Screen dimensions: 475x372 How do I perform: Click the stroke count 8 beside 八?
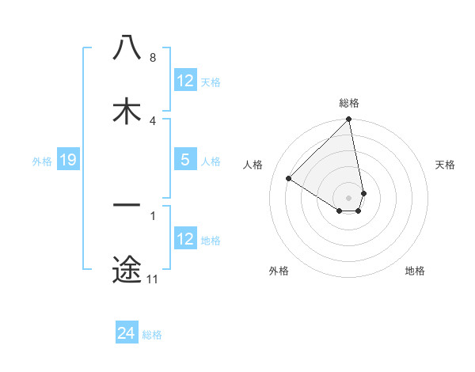pyautogui.click(x=152, y=58)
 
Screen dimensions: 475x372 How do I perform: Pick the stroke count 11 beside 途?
pyautogui.click(x=152, y=279)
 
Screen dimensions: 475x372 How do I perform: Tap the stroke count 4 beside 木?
pyautogui.click(x=152, y=121)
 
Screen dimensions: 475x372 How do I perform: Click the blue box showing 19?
pyautogui.click(x=67, y=161)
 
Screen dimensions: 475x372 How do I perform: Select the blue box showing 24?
pyautogui.click(x=127, y=334)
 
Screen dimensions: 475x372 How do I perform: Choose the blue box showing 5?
pyautogui.click(x=185, y=160)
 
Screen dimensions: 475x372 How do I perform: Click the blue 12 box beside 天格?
pyautogui.click(x=185, y=81)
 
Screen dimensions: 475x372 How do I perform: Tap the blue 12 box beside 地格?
pyautogui.click(x=185, y=239)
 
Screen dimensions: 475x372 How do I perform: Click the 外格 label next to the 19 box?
pyautogui.click(x=42, y=161)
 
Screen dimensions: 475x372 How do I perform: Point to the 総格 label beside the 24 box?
pyautogui.click(x=152, y=335)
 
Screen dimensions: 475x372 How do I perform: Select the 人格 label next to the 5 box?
pyautogui.click(x=211, y=161)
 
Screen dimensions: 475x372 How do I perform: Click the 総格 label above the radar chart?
pyautogui.click(x=349, y=103)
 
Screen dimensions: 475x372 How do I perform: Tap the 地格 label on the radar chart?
pyautogui.click(x=415, y=271)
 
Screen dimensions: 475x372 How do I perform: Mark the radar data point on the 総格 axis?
pyautogui.click(x=349, y=120)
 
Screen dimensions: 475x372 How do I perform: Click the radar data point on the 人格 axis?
pyautogui.click(x=289, y=179)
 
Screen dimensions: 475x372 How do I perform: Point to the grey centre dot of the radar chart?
pyautogui.click(x=349, y=197)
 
